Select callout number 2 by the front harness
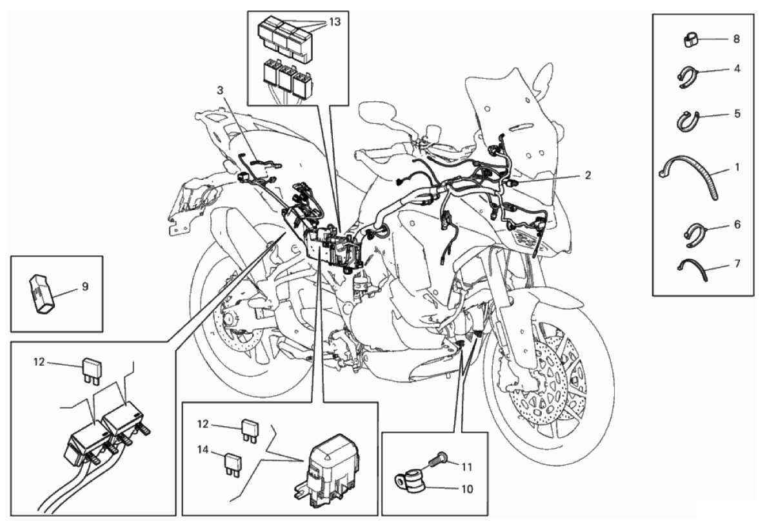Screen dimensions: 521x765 point(588,175)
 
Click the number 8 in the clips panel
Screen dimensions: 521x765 point(736,39)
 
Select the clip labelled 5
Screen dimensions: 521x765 point(688,121)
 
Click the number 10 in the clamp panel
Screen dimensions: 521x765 point(468,489)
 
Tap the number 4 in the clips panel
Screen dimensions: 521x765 point(736,68)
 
